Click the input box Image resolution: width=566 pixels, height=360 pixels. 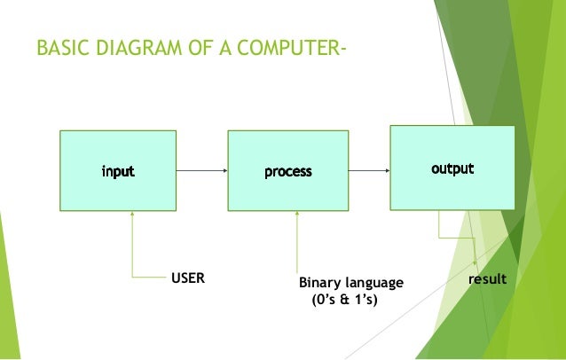pos(117,170)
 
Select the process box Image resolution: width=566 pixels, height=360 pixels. pos(287,170)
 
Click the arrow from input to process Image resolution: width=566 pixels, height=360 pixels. pos(201,170)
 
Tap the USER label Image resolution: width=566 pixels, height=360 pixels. pos(187,278)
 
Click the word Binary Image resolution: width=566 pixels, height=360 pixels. pos(319,283)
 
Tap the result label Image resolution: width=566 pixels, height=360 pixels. pos(487,279)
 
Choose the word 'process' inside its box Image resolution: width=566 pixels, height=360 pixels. pos(287,171)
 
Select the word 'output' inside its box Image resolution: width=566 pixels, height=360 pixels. pos(452,168)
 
